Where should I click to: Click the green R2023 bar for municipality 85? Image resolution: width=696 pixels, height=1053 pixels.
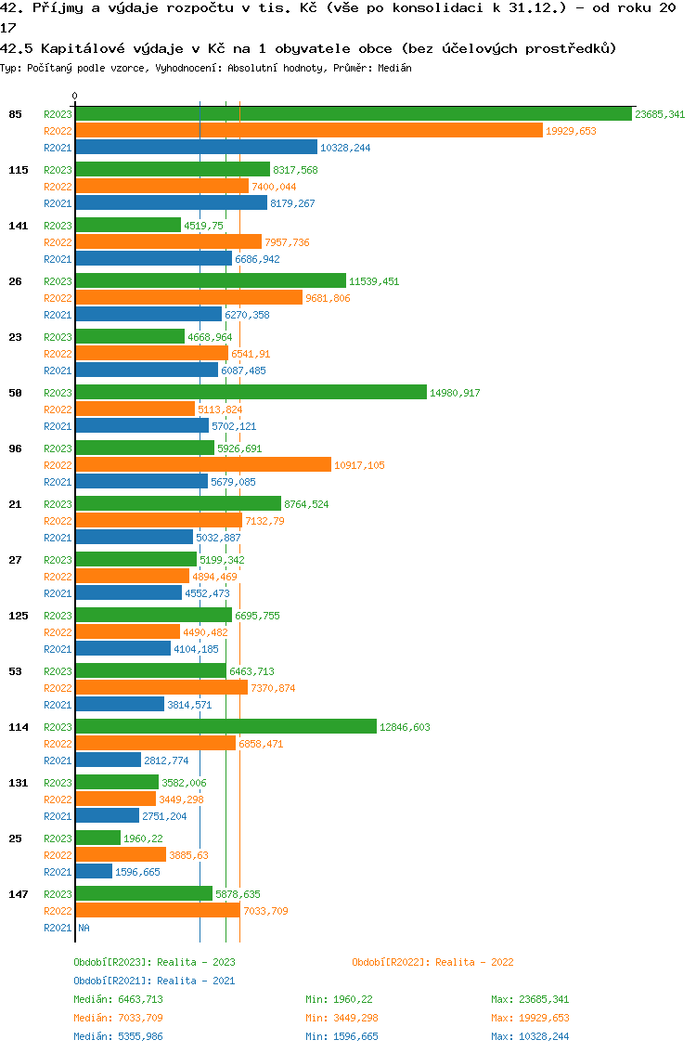pyautogui.click(x=353, y=114)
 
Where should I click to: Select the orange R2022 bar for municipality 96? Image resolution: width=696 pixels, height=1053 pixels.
pyautogui.click(x=202, y=465)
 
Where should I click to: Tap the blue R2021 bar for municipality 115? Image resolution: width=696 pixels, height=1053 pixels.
pyautogui.click(x=171, y=203)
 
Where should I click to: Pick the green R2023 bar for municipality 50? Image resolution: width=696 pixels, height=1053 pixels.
pyautogui.click(x=251, y=393)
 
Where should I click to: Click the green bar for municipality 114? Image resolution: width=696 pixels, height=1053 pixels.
pyautogui.click(x=226, y=727)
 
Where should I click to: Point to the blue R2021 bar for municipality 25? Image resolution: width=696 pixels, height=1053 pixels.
pyautogui.click(x=94, y=872)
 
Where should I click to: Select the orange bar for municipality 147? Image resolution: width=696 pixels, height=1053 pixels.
pyautogui.click(x=158, y=911)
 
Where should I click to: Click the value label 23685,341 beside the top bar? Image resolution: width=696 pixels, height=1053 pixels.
pyautogui.click(x=660, y=114)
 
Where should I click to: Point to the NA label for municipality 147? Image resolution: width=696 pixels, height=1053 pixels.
pyautogui.click(x=84, y=928)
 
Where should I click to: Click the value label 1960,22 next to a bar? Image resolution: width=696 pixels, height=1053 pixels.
pyautogui.click(x=143, y=838)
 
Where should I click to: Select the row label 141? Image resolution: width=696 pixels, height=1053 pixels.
pyautogui.click(x=19, y=226)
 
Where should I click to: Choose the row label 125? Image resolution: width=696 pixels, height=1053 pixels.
pyautogui.click(x=19, y=616)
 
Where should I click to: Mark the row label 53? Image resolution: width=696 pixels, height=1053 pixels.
pyautogui.click(x=15, y=671)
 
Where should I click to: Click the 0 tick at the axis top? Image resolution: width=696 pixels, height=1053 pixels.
pyautogui.click(x=75, y=96)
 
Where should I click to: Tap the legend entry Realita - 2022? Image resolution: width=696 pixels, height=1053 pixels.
pyautogui.click(x=432, y=962)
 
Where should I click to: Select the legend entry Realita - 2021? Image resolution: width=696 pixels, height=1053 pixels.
pyautogui.click(x=154, y=981)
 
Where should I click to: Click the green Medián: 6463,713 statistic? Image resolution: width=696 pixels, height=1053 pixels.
pyautogui.click(x=120, y=999)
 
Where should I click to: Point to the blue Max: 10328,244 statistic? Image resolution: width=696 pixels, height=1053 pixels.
pyautogui.click(x=530, y=1036)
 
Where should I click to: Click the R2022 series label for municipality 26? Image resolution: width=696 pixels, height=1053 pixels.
pyautogui.click(x=58, y=298)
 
